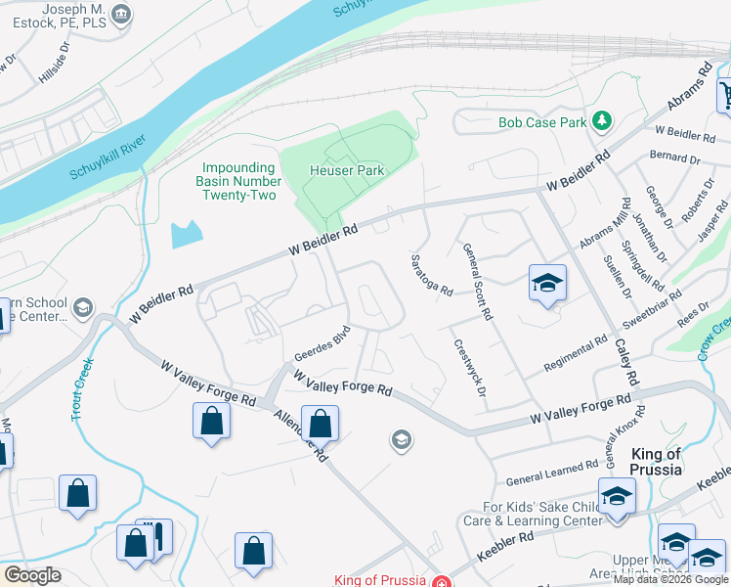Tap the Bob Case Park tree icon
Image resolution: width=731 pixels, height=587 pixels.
tap(604, 121)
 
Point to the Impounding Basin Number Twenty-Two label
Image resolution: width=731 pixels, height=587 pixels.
tap(237, 181)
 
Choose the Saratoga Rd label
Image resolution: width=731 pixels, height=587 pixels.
tap(431, 275)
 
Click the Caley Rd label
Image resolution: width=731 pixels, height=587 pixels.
tap(626, 362)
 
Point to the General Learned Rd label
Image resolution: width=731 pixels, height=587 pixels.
tap(552, 474)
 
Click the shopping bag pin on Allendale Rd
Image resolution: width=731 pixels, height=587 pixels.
tap(320, 424)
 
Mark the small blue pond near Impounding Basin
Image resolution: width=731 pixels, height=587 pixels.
tap(186, 233)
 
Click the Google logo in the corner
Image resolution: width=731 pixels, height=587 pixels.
tap(32, 575)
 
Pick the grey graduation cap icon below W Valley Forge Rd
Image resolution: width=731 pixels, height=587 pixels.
tap(400, 440)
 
